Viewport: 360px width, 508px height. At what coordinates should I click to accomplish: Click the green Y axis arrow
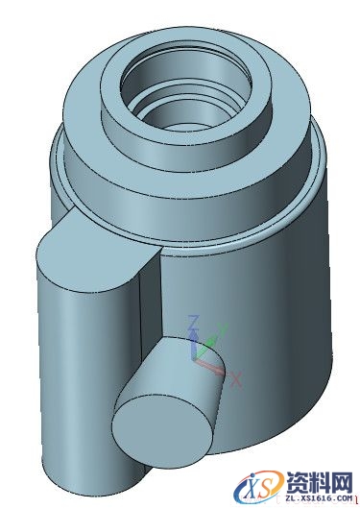[x=212, y=343]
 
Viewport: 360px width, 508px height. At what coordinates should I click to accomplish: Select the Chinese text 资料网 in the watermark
[x=317, y=480]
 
